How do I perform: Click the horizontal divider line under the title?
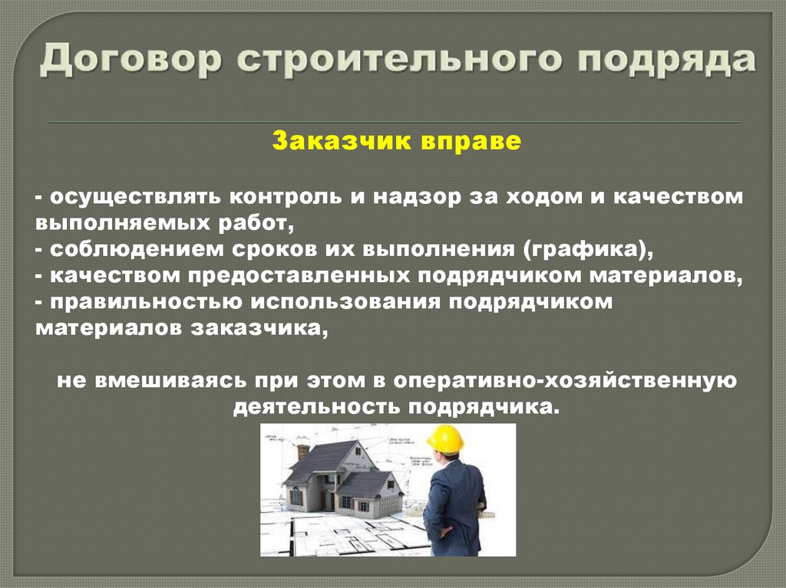(x=394, y=122)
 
